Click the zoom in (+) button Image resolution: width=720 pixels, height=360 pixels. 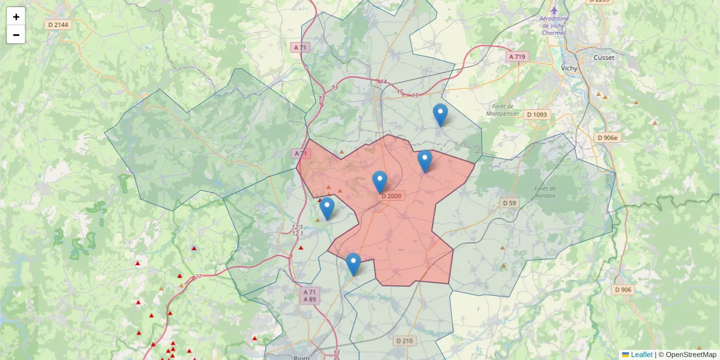coord(16,17)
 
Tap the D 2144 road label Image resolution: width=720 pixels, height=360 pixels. coord(59,25)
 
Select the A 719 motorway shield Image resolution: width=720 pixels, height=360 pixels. coord(517,56)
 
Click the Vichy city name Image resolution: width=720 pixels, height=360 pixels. coord(569,68)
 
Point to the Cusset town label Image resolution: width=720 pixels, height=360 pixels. coord(604,58)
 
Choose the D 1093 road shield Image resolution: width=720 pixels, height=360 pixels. coord(537,115)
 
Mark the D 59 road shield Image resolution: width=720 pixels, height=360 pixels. coord(509,203)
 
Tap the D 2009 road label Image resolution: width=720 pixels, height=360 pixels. coord(392,196)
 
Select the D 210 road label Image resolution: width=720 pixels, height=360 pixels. coord(405,341)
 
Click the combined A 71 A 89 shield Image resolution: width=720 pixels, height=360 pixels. coord(310,295)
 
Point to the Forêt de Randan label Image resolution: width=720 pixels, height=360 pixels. coord(545,192)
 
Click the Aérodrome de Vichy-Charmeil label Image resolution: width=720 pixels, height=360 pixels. coord(553,26)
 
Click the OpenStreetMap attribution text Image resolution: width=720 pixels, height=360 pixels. coord(691,355)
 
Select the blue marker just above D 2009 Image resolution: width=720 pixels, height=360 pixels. coord(380,181)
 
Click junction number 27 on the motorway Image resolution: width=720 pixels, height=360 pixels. coord(198,277)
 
